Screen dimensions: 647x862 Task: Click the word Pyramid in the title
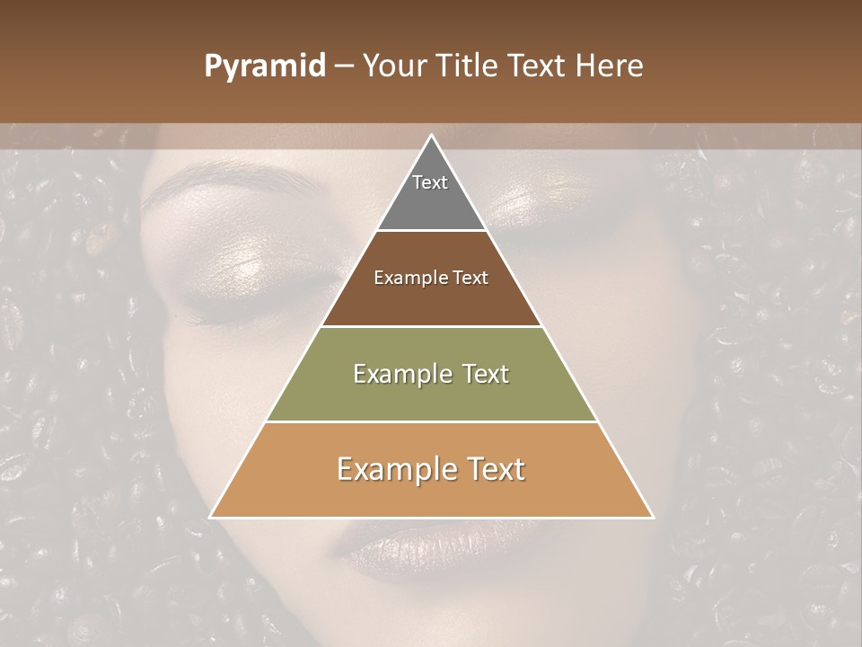tap(265, 66)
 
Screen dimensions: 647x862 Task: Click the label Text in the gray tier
tap(430, 182)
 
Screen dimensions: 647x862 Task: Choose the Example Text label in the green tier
tap(431, 374)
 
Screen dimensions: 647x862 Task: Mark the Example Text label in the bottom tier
tap(431, 469)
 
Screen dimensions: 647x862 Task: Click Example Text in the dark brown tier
tap(431, 278)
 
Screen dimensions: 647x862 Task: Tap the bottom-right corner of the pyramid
tap(652, 517)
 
